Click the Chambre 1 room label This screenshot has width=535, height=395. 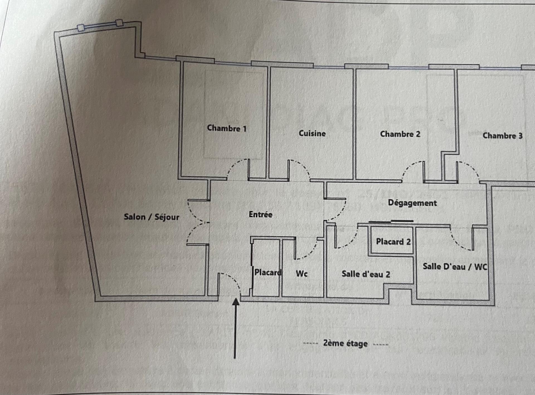pos(227,128)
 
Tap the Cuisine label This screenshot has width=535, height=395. pos(312,133)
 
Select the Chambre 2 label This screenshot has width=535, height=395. pos(400,134)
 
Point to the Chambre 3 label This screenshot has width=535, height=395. pos(502,136)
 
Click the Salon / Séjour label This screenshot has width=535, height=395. pos(151,217)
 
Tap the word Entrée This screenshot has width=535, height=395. pos(261,214)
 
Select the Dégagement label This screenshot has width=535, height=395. pos(412,203)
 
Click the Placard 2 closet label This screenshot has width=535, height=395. pos(393,242)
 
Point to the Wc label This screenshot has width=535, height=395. pos(301,274)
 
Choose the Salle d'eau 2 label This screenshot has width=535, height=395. pos(366,274)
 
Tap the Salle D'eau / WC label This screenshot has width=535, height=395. pos(455,267)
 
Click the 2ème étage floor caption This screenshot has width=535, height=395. pos(345,343)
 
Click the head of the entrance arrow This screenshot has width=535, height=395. pos(236,302)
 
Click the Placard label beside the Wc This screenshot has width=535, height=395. pos(267,272)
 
